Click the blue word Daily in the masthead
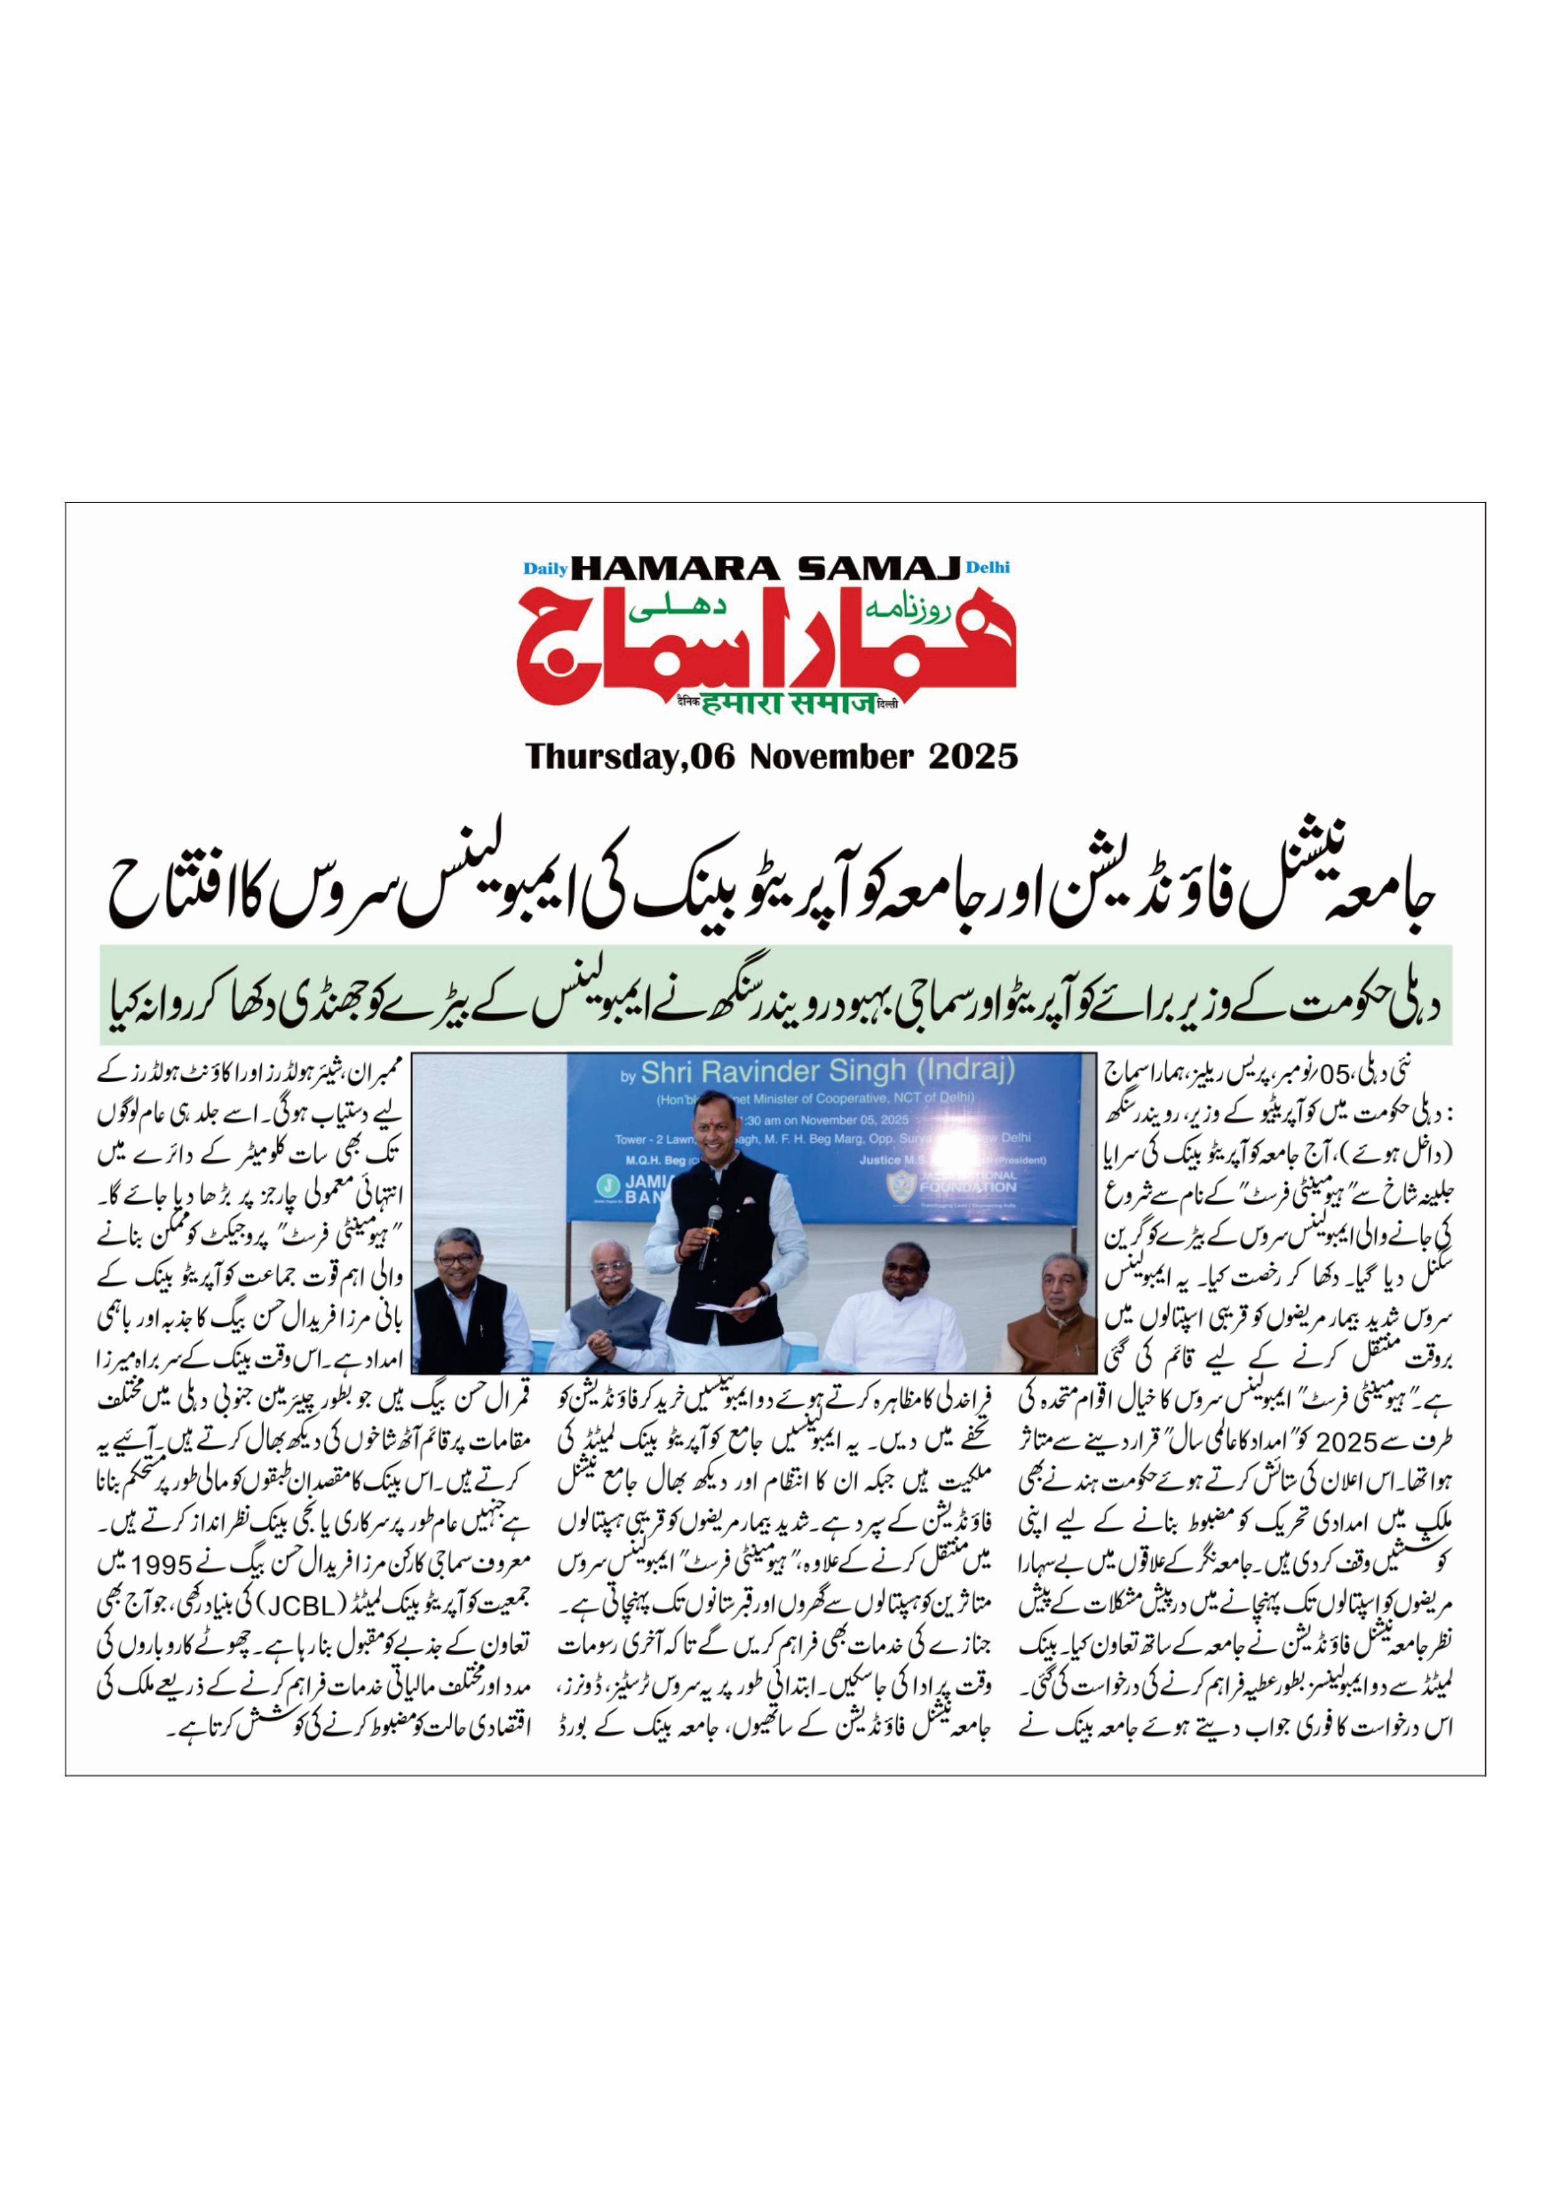pos(545,568)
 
